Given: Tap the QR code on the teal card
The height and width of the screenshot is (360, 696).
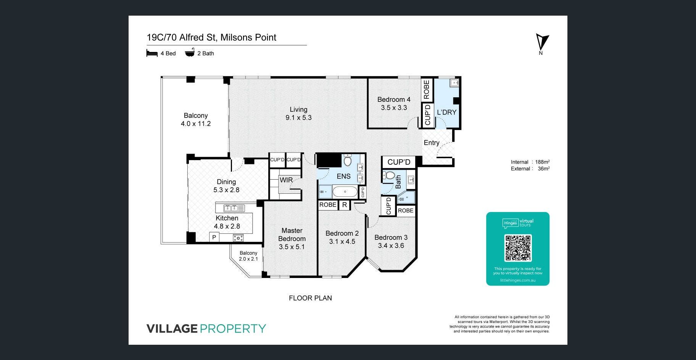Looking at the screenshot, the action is pyautogui.click(x=518, y=248).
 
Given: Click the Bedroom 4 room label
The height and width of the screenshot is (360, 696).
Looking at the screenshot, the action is pyautogui.click(x=394, y=100).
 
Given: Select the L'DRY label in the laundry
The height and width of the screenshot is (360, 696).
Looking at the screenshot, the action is pyautogui.click(x=446, y=112).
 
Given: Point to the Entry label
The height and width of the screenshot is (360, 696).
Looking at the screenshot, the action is pyautogui.click(x=432, y=143).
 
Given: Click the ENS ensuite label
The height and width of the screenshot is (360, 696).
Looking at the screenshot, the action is pyautogui.click(x=343, y=176).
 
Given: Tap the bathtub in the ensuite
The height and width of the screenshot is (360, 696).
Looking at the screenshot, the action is pyautogui.click(x=345, y=191).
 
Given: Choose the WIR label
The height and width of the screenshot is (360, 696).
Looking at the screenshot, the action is pyautogui.click(x=286, y=180).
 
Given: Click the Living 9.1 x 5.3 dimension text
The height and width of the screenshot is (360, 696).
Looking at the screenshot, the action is pyautogui.click(x=298, y=117).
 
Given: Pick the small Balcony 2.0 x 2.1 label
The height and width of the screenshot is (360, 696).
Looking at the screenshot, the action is pyautogui.click(x=248, y=256).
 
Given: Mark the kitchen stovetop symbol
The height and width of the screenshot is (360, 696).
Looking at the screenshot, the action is pyautogui.click(x=238, y=238).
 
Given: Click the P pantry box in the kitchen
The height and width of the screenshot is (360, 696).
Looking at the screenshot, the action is pyautogui.click(x=214, y=237).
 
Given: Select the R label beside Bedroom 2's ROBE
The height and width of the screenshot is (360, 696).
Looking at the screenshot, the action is pyautogui.click(x=345, y=205).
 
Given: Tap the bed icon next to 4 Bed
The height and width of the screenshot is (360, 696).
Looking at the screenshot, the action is pyautogui.click(x=152, y=53).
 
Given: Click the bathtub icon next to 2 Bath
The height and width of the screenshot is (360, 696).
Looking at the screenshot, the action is pyautogui.click(x=190, y=53).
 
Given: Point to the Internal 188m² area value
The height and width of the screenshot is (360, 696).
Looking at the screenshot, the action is pyautogui.click(x=542, y=162).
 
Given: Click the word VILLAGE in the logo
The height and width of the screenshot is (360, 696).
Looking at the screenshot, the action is pyautogui.click(x=172, y=329).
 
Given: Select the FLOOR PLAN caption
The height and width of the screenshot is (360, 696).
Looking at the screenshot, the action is pyautogui.click(x=310, y=298).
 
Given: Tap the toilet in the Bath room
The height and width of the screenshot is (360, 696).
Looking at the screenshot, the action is pyautogui.click(x=389, y=175).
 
